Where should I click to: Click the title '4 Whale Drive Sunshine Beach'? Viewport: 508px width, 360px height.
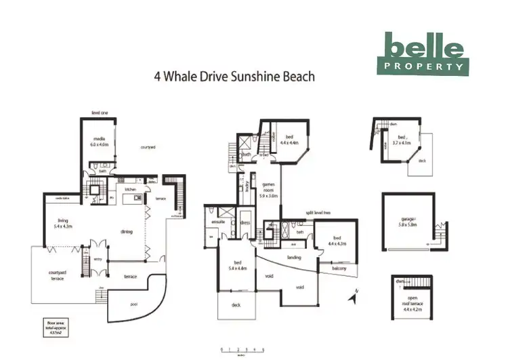pyautogui.click(x=235, y=77)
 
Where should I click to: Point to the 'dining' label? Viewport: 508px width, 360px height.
pyautogui.click(x=127, y=232)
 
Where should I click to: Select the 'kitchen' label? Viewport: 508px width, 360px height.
pyautogui.click(x=131, y=191)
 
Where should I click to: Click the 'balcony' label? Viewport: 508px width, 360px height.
pyautogui.click(x=339, y=268)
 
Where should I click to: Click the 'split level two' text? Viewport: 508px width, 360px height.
pyautogui.click(x=318, y=213)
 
